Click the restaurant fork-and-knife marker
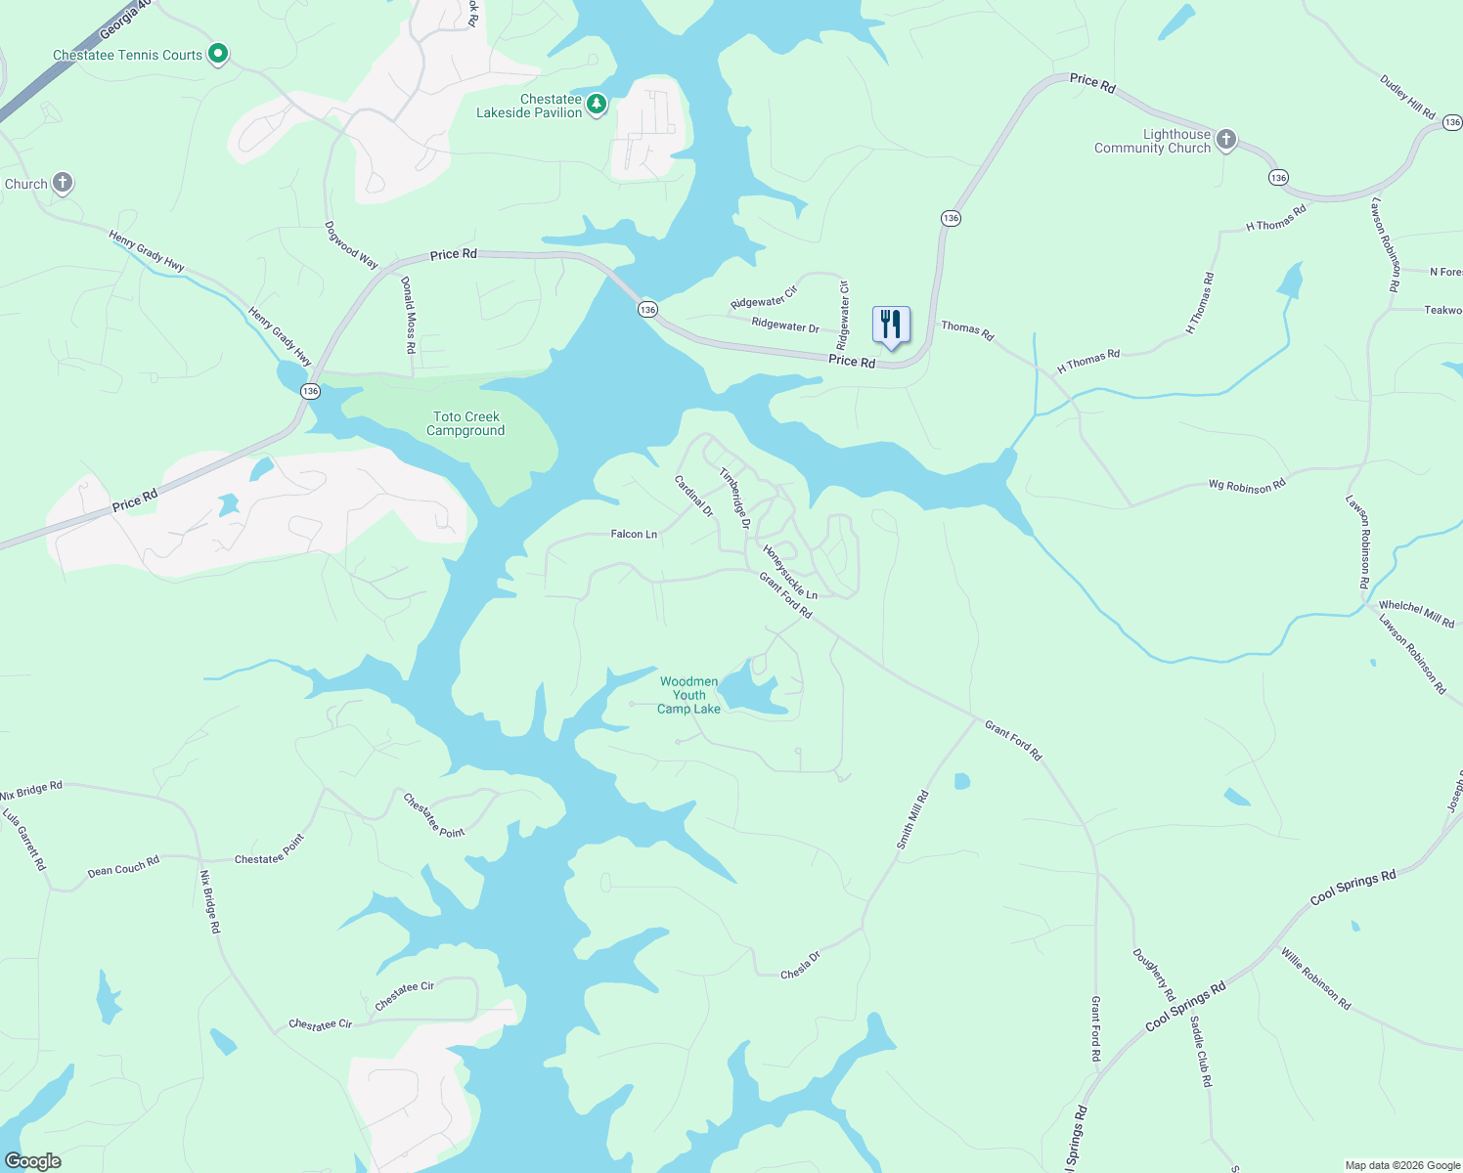click(890, 325)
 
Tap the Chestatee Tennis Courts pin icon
click(219, 54)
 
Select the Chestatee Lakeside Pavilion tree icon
click(597, 103)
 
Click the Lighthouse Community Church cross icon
click(1226, 140)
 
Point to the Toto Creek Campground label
click(465, 424)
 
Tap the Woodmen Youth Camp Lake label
click(688, 695)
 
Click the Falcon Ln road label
click(634, 534)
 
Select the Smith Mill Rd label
click(912, 820)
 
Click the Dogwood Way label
click(351, 245)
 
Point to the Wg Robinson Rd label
click(1247, 485)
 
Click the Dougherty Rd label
click(1154, 975)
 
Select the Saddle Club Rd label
click(1201, 1052)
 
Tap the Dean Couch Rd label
click(123, 867)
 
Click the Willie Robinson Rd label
click(1316, 978)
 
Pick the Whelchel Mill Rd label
click(1416, 614)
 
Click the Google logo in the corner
click(33, 1161)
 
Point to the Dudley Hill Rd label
click(1407, 97)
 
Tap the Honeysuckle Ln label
click(790, 572)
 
